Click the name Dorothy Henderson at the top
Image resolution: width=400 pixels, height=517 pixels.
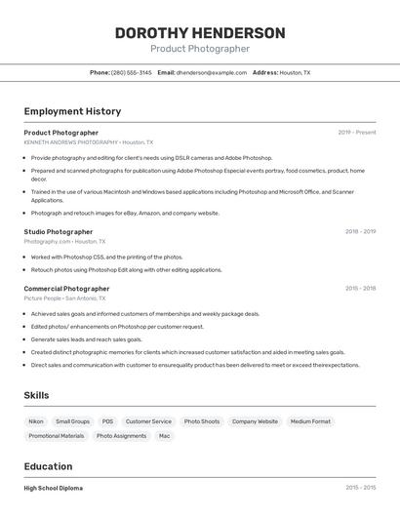click(200, 33)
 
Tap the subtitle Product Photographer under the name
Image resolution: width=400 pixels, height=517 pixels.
click(200, 49)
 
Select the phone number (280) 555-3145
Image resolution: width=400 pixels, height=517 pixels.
click(131, 72)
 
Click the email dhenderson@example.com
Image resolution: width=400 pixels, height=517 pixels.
click(211, 72)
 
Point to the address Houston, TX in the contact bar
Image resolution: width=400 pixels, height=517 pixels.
click(295, 72)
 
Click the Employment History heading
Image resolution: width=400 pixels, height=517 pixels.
click(72, 111)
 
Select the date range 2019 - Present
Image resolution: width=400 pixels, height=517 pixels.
click(357, 133)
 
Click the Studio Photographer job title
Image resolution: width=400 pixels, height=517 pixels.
click(59, 232)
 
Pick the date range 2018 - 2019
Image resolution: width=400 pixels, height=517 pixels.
click(360, 232)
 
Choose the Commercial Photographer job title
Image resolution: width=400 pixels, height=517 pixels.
click(66, 289)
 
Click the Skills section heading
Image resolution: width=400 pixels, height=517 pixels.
click(36, 395)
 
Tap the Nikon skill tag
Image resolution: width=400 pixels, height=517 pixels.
click(36, 421)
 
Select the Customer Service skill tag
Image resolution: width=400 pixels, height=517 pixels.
click(148, 421)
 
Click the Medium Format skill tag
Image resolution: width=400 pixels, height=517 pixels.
click(310, 421)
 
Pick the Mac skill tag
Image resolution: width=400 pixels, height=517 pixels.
click(164, 436)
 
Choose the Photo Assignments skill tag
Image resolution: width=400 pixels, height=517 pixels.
click(121, 436)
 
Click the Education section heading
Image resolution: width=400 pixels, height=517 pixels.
click(48, 467)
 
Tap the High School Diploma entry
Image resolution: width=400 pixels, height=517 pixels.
click(54, 488)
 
